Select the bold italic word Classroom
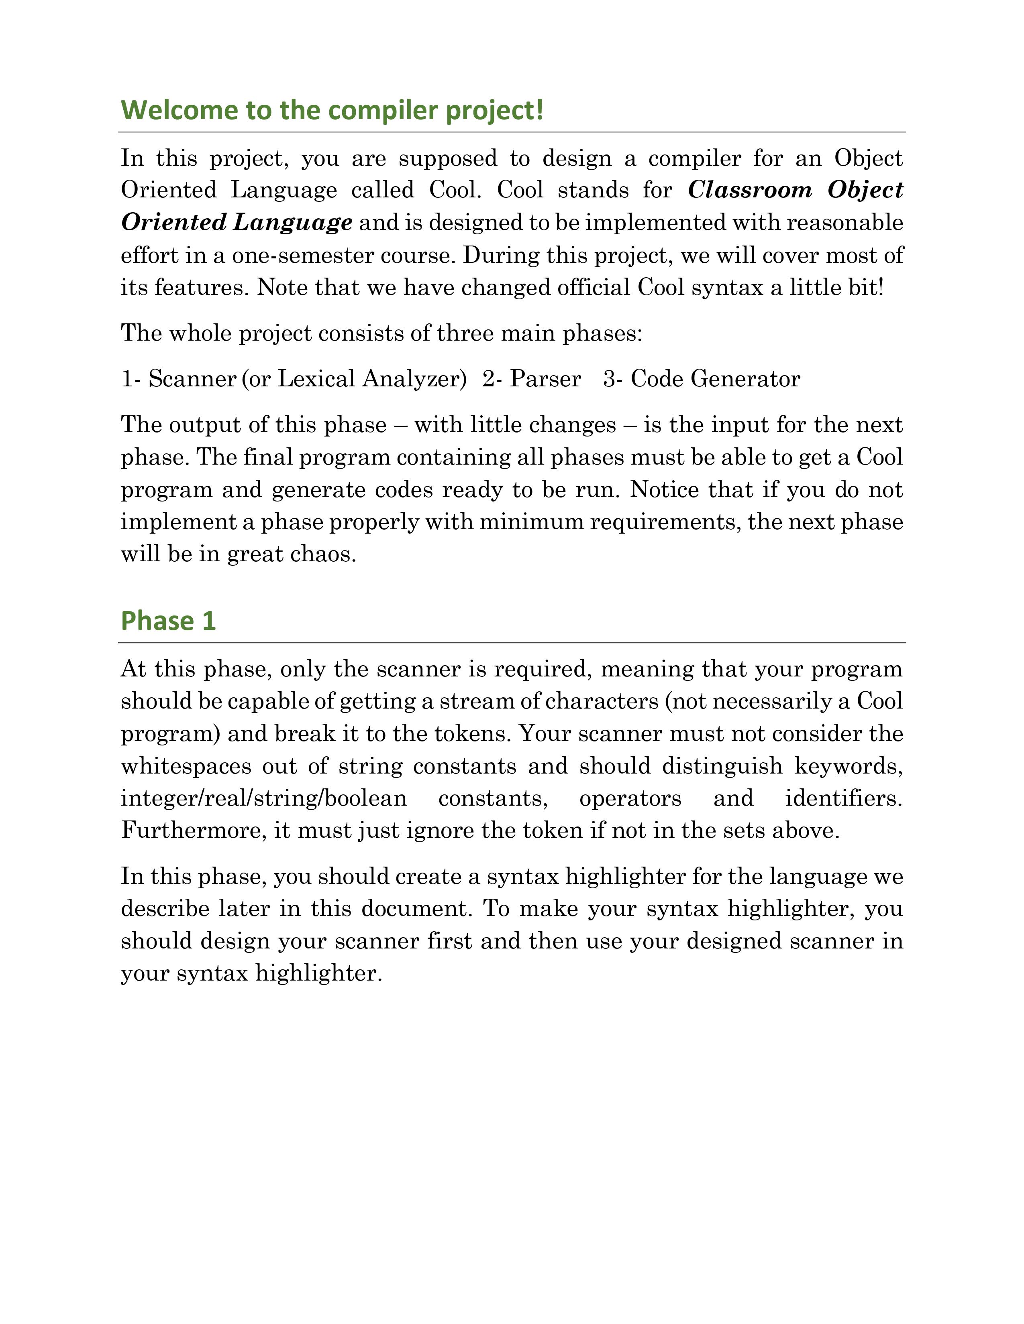750,190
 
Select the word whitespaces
186,766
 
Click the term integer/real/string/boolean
264,798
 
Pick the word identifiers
843,798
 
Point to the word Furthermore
194,831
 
